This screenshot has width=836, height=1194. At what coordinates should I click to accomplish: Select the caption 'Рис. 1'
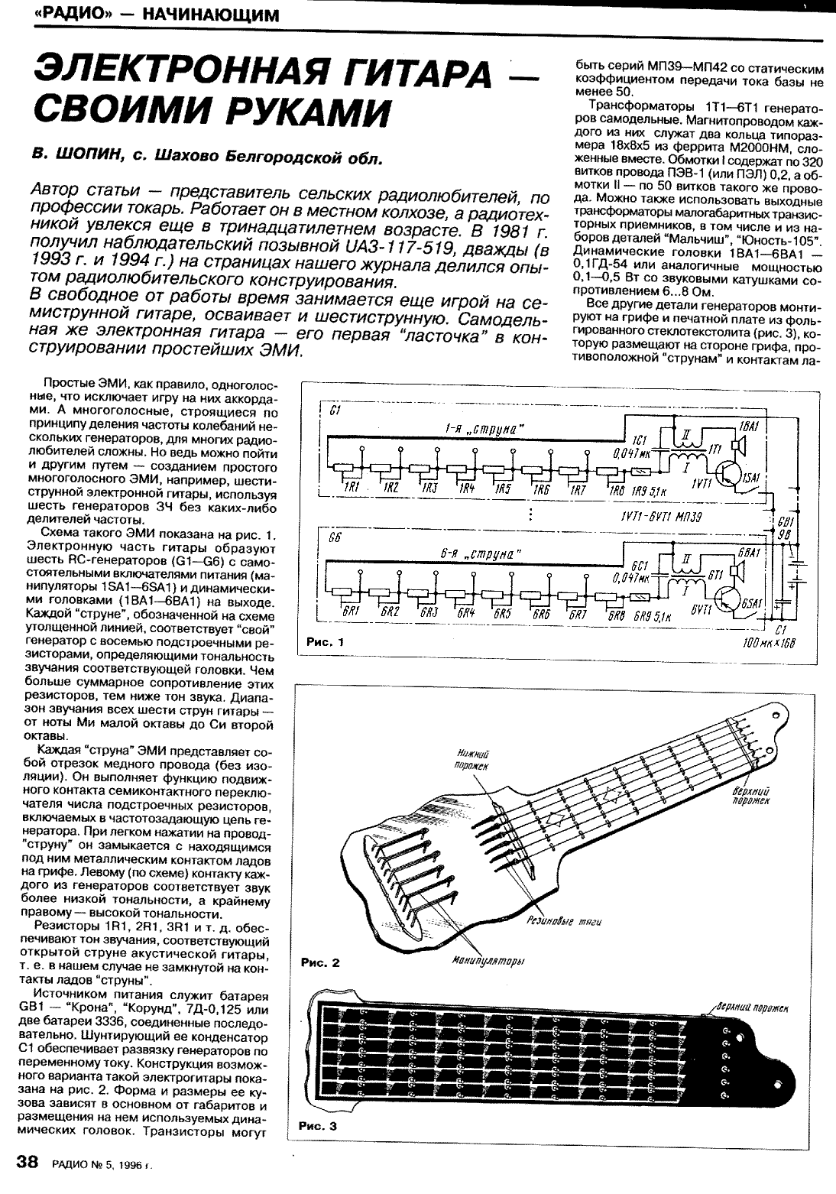coord(326,642)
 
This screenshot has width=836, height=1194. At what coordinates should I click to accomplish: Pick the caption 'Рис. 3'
coord(318,1125)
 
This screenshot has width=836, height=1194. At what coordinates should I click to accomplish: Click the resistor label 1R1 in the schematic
coord(352,488)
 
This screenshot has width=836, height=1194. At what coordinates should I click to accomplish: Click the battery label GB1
coord(784,524)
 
